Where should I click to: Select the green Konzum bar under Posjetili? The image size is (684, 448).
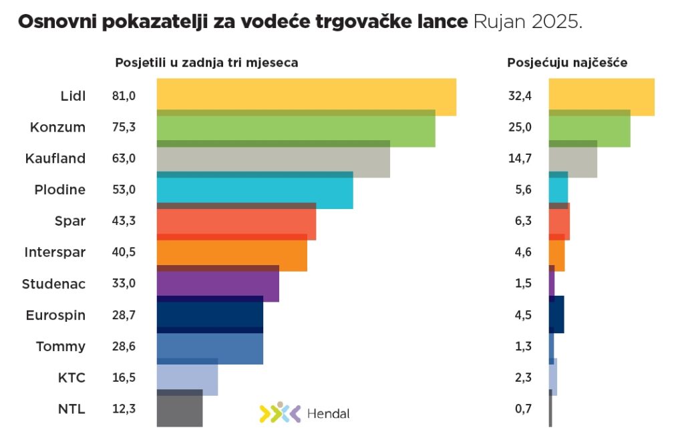pos(295,130)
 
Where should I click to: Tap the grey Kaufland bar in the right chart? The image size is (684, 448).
pos(572,161)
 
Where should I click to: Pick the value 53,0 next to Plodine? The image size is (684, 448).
pos(124,190)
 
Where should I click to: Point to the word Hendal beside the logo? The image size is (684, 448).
pos(328,413)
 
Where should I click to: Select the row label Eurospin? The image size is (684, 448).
pos(55,315)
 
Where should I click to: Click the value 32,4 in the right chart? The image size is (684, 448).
pos(520,96)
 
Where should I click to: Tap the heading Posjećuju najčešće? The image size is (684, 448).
pos(567,63)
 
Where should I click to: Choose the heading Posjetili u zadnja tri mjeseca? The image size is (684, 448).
pos(206,63)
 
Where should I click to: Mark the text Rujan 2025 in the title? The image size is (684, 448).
pos(528,21)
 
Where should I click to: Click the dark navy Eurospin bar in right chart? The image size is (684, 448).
pos(557,315)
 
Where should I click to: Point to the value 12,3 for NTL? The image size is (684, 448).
pos(124,409)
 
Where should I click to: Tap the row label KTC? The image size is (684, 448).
pos(71,378)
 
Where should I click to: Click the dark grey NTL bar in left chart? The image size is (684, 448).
pos(179,411)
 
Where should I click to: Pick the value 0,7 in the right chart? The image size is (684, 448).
pos(523,409)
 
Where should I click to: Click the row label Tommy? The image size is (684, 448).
pos(61,347)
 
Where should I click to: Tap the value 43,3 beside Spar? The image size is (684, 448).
pos(124,221)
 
